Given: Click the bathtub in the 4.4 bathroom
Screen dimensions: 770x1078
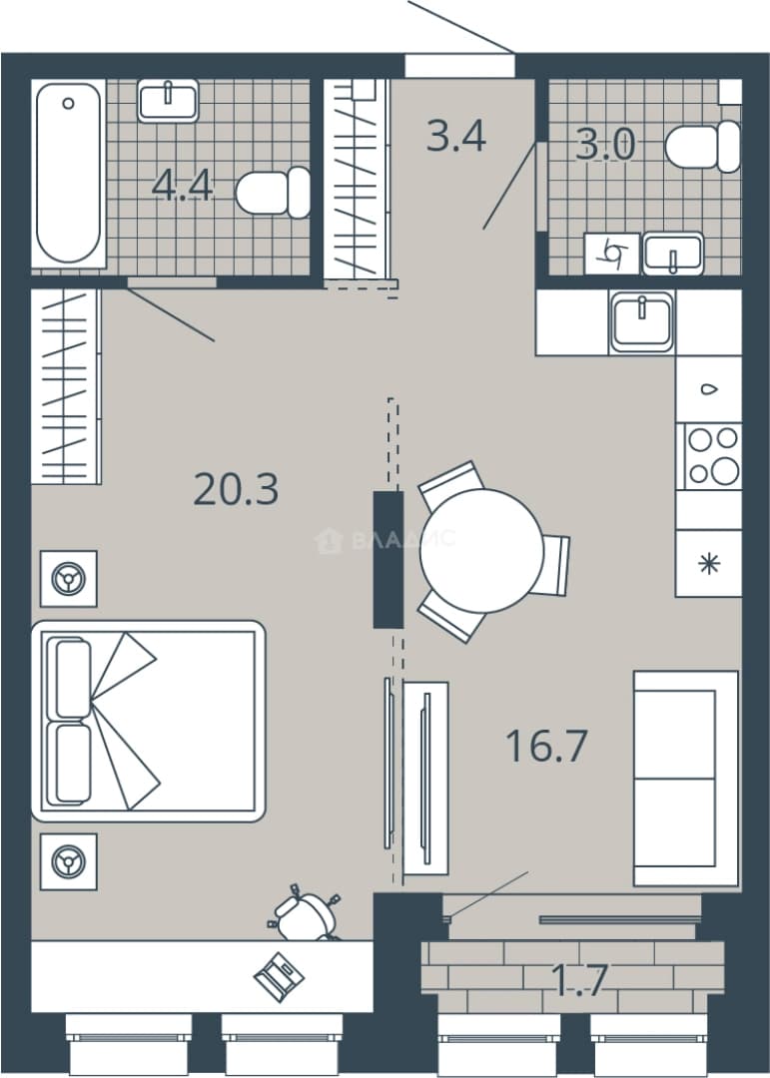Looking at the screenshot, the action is pyautogui.click(x=68, y=174).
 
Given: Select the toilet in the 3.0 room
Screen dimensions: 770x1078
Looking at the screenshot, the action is pyautogui.click(x=702, y=147).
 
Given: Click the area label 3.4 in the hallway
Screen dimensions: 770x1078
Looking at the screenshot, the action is pyautogui.click(x=456, y=136).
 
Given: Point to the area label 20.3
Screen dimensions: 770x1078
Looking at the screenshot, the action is pyautogui.click(x=236, y=490).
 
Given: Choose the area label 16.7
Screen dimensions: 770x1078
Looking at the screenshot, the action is pyautogui.click(x=546, y=747).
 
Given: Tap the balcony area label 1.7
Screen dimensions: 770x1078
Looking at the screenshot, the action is pyautogui.click(x=580, y=980).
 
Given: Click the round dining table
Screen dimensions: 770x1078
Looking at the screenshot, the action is pyautogui.click(x=481, y=551).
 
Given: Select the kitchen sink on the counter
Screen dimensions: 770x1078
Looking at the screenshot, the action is pyautogui.click(x=641, y=322).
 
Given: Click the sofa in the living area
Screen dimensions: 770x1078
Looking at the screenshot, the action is pyautogui.click(x=686, y=779).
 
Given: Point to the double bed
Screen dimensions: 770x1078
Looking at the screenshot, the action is pyautogui.click(x=149, y=722).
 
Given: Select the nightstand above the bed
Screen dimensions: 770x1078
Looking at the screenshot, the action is pyautogui.click(x=69, y=578).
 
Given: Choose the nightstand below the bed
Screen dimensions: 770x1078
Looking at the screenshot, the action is pyautogui.click(x=69, y=862).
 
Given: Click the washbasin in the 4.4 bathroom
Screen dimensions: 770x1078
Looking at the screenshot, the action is pyautogui.click(x=168, y=101).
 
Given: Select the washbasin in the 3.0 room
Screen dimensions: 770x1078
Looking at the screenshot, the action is pyautogui.click(x=673, y=254).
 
